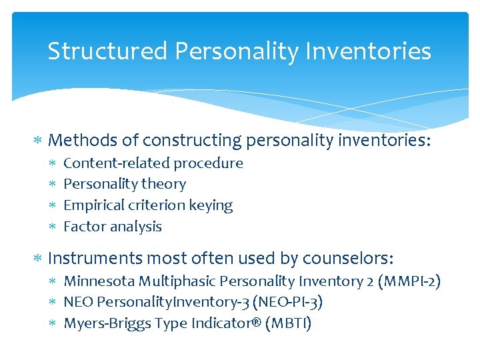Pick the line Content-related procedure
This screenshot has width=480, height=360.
click(153, 163)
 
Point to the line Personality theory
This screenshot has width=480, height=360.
click(124, 184)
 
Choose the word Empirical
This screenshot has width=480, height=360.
click(91, 205)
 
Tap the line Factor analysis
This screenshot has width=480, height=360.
click(112, 227)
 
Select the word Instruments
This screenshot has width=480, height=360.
click(95, 258)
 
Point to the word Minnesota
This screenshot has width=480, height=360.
click(95, 281)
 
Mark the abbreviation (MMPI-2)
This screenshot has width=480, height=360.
click(408, 281)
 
